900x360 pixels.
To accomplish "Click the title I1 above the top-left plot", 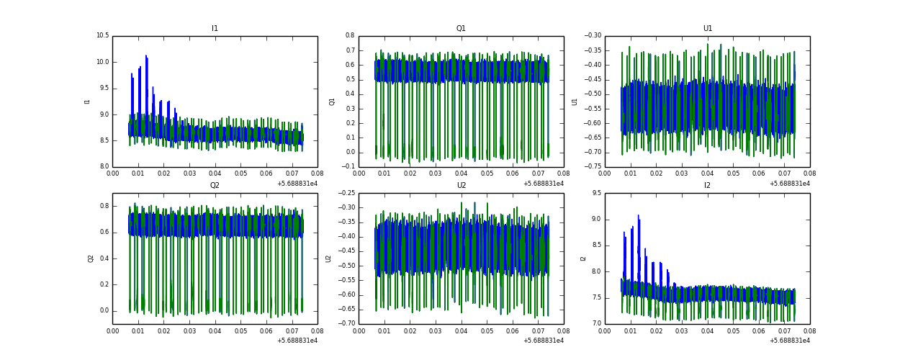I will [215, 29].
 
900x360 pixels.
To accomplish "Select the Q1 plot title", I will [461, 29].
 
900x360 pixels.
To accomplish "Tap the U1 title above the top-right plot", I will [708, 29].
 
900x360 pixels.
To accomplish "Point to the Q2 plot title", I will [215, 186].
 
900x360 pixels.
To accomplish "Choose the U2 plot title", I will [461, 186].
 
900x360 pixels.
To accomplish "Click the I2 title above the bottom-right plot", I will [708, 186].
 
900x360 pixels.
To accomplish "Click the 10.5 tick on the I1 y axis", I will [102, 36].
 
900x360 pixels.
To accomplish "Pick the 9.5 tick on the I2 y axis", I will [595, 194].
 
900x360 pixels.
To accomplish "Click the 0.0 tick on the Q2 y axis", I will [104, 311].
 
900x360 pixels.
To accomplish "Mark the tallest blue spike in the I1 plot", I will [146, 57].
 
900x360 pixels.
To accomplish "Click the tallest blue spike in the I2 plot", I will [638, 216].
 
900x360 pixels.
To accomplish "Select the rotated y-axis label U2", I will [328, 258].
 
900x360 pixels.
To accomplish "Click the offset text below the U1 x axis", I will [789, 184].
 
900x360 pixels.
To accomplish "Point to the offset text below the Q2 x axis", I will [297, 341].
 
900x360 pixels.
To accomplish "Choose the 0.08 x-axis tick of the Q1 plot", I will [564, 174].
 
